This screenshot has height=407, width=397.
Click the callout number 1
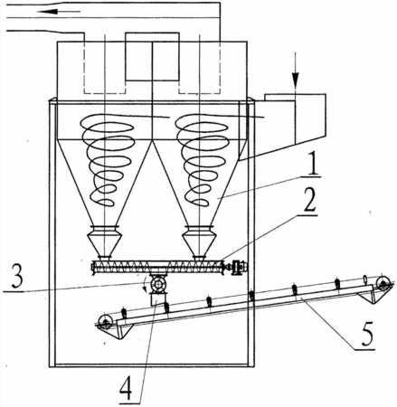(313, 166)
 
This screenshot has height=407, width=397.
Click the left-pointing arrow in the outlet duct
(59, 12)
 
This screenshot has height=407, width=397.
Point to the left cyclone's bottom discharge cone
(104, 241)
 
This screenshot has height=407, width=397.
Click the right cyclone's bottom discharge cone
(199, 241)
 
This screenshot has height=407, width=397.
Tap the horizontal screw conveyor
(158, 267)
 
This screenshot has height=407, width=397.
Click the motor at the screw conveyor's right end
(238, 267)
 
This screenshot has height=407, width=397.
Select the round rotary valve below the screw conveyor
(158, 284)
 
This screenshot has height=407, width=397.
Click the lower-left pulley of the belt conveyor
(105, 322)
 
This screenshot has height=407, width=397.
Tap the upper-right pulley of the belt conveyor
(383, 282)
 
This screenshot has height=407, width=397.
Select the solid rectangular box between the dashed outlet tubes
(152, 56)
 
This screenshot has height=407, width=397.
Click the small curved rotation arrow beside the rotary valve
(145, 286)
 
